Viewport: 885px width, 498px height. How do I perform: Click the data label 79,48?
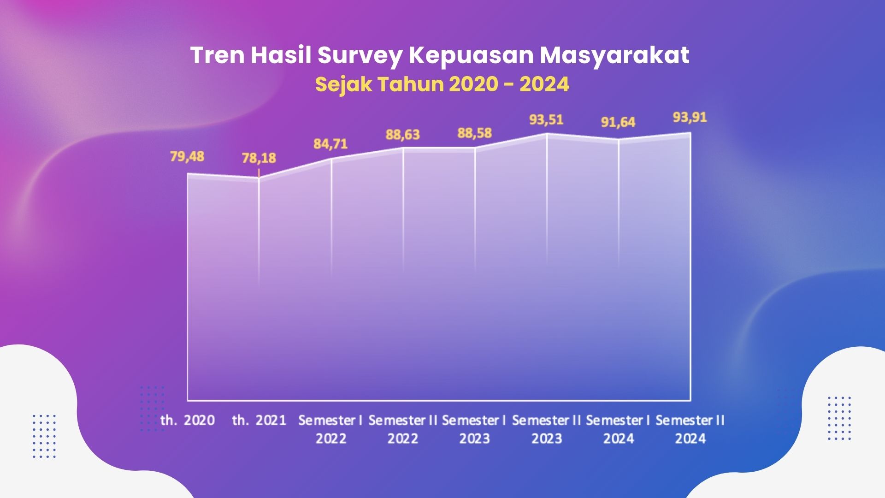click(x=187, y=156)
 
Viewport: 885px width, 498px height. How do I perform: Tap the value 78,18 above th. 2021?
click(x=259, y=158)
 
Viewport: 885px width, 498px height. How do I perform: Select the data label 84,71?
click(x=331, y=144)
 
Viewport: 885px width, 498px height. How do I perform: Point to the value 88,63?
click(x=403, y=135)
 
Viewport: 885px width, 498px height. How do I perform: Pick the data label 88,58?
click(x=475, y=133)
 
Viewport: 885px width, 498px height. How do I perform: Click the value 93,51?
click(x=547, y=120)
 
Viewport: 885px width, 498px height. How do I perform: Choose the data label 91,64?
click(x=618, y=122)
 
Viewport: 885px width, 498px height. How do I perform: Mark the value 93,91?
click(x=690, y=118)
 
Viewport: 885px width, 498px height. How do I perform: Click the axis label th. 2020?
click(x=188, y=420)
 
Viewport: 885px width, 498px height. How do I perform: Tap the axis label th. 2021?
click(x=259, y=420)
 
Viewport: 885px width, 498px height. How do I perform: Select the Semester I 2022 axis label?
click(x=330, y=429)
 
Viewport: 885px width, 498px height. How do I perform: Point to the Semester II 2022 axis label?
click(x=403, y=429)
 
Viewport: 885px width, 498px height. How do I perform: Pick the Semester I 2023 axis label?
click(x=474, y=429)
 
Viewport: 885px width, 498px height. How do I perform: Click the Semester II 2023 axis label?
click(x=547, y=429)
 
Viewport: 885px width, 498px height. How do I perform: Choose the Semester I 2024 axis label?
click(x=618, y=429)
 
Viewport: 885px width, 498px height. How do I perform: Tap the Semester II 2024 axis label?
click(x=690, y=429)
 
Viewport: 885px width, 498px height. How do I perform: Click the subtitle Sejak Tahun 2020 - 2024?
click(x=442, y=84)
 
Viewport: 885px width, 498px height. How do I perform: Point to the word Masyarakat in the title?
click(x=615, y=56)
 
